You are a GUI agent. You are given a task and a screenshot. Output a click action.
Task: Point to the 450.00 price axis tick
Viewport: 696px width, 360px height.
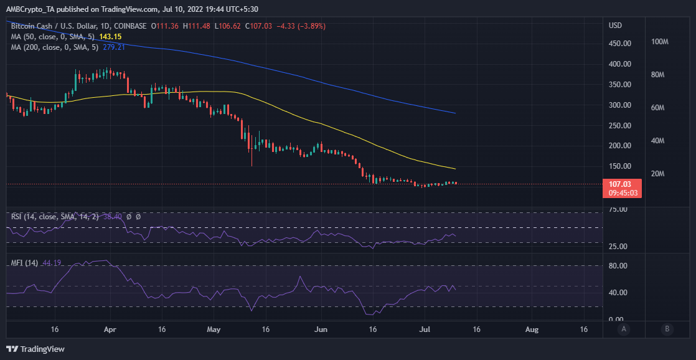tap(621, 43)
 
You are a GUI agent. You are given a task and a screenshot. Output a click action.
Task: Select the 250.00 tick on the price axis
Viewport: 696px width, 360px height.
tap(621, 125)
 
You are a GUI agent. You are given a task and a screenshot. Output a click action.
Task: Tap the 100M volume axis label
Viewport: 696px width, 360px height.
tap(659, 42)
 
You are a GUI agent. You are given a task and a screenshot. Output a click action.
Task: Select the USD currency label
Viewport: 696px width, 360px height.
tap(615, 26)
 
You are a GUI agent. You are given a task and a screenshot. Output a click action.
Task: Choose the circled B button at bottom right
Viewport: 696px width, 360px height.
tap(667, 329)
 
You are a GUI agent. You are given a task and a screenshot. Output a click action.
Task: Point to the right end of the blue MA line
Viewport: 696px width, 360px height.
tap(456, 113)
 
